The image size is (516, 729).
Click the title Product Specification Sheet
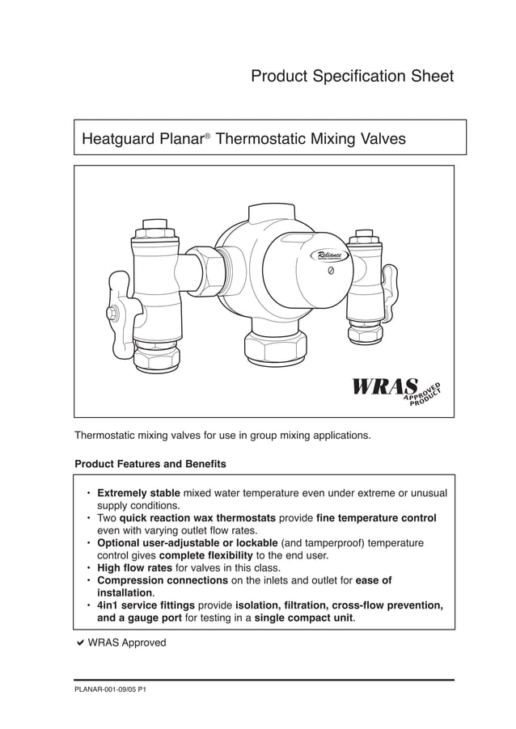(352, 77)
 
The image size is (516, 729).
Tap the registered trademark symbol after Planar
(207, 136)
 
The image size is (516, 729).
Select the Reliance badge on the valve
(330, 255)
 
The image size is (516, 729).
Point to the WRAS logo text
(385, 388)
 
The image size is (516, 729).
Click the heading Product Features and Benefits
(150, 465)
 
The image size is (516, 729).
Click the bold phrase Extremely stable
(138, 493)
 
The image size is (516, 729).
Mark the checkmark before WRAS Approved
(79, 643)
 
